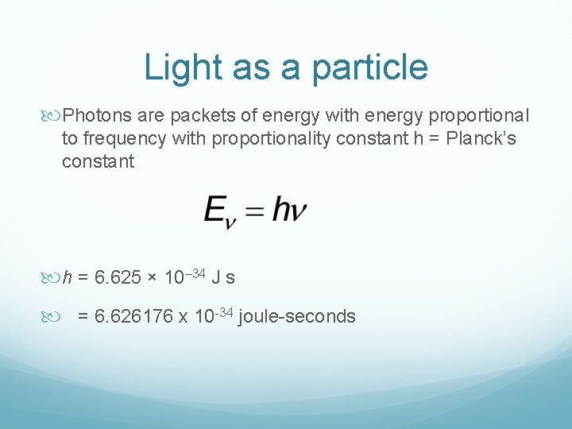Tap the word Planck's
[x=477, y=140]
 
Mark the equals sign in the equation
[x=253, y=212]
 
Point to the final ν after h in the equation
[x=299, y=212]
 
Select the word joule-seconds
[x=297, y=317]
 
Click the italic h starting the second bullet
[x=67, y=278]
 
